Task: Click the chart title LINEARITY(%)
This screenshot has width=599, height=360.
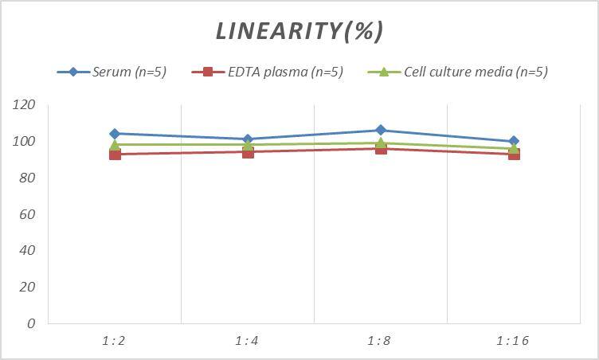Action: [299, 30]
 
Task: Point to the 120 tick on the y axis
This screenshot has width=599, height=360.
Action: [25, 105]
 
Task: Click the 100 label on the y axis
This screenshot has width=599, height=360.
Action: [25, 142]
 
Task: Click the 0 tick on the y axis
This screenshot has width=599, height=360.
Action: [31, 323]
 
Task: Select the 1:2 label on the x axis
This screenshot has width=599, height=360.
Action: [114, 341]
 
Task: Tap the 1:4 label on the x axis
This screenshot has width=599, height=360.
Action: [247, 341]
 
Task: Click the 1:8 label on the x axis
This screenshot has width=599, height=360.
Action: [380, 341]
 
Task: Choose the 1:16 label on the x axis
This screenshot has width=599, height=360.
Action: [513, 341]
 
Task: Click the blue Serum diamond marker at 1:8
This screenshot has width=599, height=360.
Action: [381, 130]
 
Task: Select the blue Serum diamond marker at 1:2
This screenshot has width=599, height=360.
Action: [115, 134]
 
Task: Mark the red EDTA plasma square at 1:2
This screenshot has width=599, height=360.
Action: [115, 154]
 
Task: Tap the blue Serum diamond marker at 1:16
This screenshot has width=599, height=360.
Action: [514, 141]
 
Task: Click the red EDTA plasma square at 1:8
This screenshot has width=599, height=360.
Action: [381, 148]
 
